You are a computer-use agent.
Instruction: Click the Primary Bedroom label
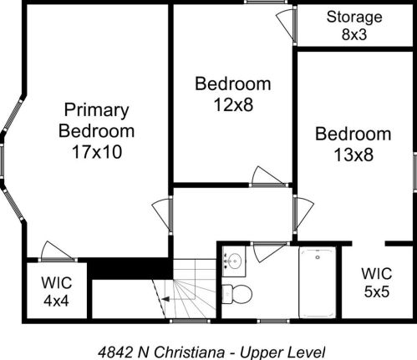point(98,120)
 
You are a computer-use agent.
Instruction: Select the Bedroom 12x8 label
point(232,94)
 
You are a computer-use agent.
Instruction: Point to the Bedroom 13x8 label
point(353,144)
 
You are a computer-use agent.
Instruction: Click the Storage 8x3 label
point(354,25)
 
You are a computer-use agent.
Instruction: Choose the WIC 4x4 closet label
point(56,290)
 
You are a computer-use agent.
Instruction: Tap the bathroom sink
point(234,261)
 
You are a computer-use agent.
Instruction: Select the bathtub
point(317,282)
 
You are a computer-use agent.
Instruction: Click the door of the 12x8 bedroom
point(268,176)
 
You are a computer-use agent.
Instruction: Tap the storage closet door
point(287,25)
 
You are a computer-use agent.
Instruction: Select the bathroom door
point(269,251)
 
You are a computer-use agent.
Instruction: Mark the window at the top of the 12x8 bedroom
point(261,3)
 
